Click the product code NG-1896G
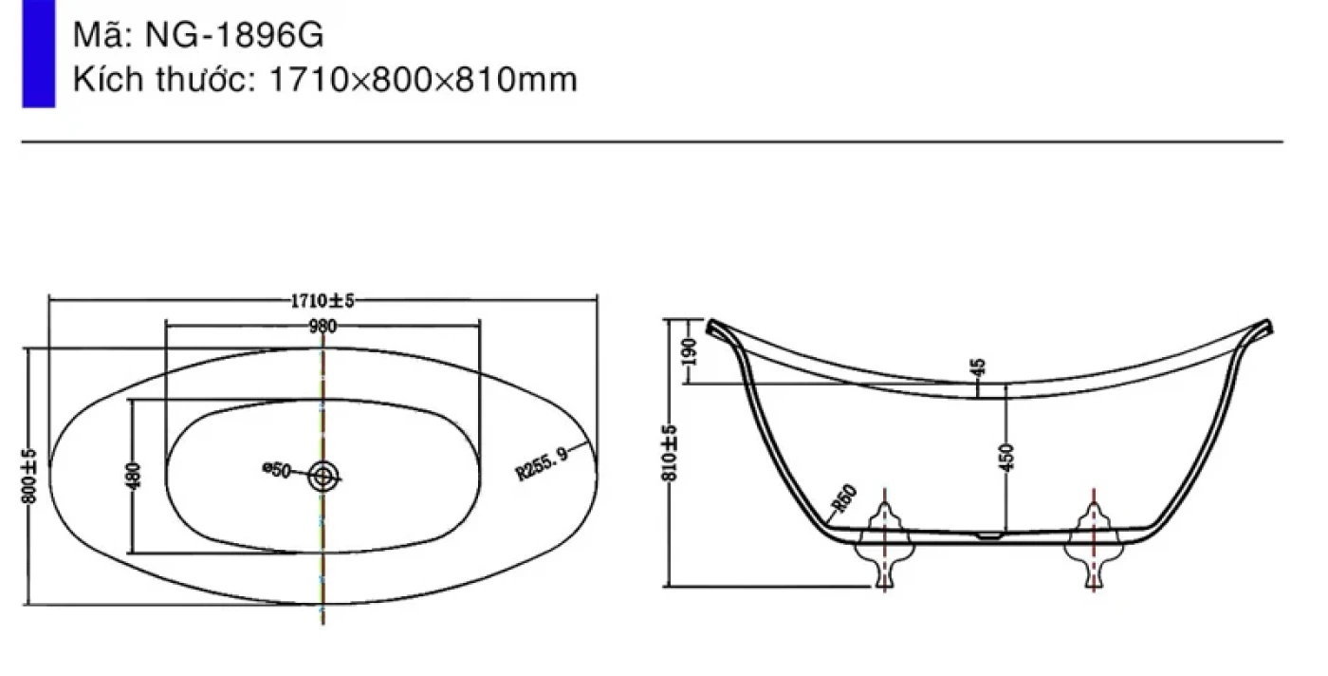point(234,35)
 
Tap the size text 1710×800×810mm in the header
point(423,80)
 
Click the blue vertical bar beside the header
point(39,53)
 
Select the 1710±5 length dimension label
point(322,301)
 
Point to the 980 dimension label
point(323,327)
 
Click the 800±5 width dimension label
point(29,476)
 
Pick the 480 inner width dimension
point(134,476)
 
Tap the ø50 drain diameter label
point(276,470)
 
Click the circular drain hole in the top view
point(323,476)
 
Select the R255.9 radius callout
point(542,463)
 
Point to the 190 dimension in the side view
point(689,352)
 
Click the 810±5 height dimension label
point(670,453)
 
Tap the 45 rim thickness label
point(979,367)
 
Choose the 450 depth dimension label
point(1006,457)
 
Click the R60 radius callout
point(844,498)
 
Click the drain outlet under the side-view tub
point(988,535)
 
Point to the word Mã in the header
point(101,34)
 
